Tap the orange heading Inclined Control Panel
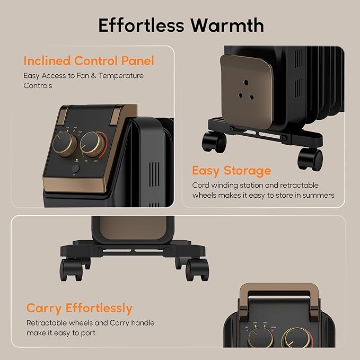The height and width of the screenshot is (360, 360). click(x=89, y=61)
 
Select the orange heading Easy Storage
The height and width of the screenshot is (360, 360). click(x=231, y=171)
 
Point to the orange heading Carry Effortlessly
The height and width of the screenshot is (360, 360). click(x=80, y=308)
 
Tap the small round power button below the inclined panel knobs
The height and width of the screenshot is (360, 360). click(x=75, y=169)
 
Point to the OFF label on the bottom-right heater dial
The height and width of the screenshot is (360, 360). click(x=247, y=328)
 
